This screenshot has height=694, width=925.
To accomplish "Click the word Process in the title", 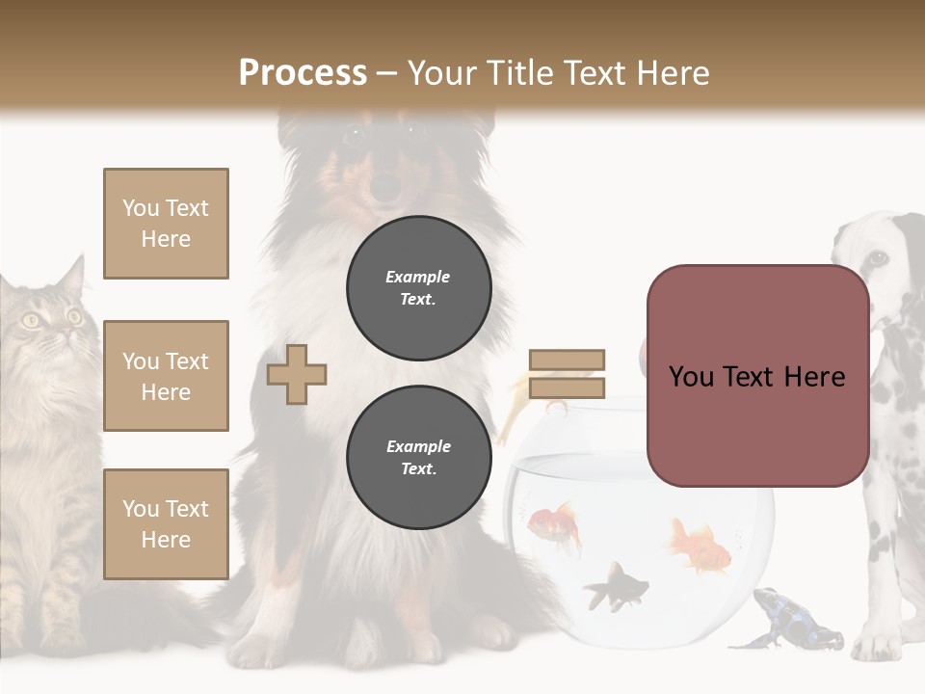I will (303, 72).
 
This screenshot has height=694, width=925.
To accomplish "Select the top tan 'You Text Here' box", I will (166, 224).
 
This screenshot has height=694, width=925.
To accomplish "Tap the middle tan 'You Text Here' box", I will (166, 376).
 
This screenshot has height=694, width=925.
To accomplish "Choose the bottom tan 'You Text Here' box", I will (166, 524).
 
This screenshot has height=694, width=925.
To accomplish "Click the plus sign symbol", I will (297, 374).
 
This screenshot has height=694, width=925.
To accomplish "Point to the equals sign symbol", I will (567, 374).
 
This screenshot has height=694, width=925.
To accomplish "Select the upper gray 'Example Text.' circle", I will (418, 287).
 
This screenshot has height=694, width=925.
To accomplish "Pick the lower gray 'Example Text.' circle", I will (418, 457).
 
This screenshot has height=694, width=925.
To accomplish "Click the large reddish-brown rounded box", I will (757, 376).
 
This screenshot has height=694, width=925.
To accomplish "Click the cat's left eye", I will (31, 321).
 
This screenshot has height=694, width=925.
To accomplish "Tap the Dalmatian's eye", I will (878, 257).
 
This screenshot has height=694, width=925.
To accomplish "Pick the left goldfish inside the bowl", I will (555, 524).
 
